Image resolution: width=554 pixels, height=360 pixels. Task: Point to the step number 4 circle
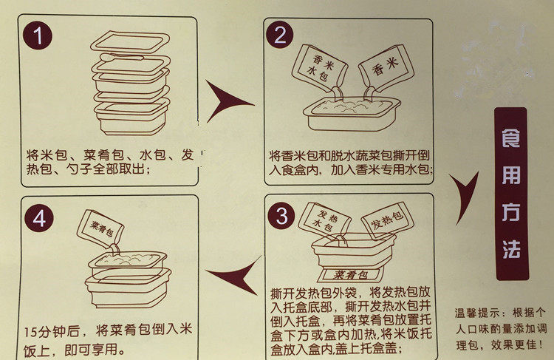[x=39, y=217]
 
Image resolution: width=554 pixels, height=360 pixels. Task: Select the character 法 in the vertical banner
[x=510, y=248]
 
